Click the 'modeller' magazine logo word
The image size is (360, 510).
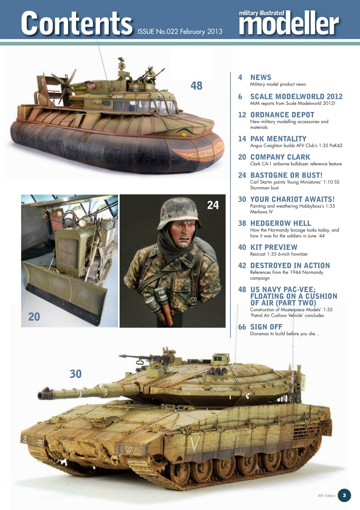point(289,25)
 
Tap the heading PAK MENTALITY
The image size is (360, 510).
point(278,139)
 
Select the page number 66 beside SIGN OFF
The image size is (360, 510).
point(242,327)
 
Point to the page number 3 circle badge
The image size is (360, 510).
point(344,495)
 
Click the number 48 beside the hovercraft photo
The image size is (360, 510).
point(196,85)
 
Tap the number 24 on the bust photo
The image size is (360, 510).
point(213,205)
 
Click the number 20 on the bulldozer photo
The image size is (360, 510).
point(34,316)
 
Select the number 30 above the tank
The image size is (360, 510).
point(75,373)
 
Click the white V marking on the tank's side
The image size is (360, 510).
point(194,444)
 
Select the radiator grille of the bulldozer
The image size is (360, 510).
point(67,253)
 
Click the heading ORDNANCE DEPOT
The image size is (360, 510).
point(282,115)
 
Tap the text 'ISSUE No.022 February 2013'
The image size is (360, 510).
point(180,31)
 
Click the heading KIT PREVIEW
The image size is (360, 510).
point(273,247)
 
